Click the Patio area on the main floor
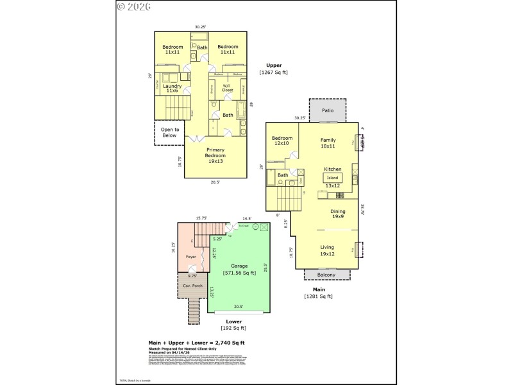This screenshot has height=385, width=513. tap(328, 110)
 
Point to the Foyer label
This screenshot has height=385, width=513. tap(191, 257)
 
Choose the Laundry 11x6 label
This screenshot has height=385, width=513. tap(172, 89)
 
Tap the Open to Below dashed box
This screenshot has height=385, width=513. tap(169, 132)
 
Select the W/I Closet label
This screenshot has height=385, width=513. tap(227, 88)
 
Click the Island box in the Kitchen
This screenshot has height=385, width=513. tap(332, 177)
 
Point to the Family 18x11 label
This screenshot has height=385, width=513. tap(328, 142)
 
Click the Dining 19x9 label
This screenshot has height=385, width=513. tap(337, 214)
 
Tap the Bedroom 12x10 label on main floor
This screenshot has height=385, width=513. tap(282, 141)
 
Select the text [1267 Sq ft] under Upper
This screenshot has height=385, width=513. tap(274, 73)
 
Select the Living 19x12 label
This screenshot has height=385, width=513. tap(327, 250)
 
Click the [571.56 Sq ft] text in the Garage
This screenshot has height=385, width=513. tap(238, 272)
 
